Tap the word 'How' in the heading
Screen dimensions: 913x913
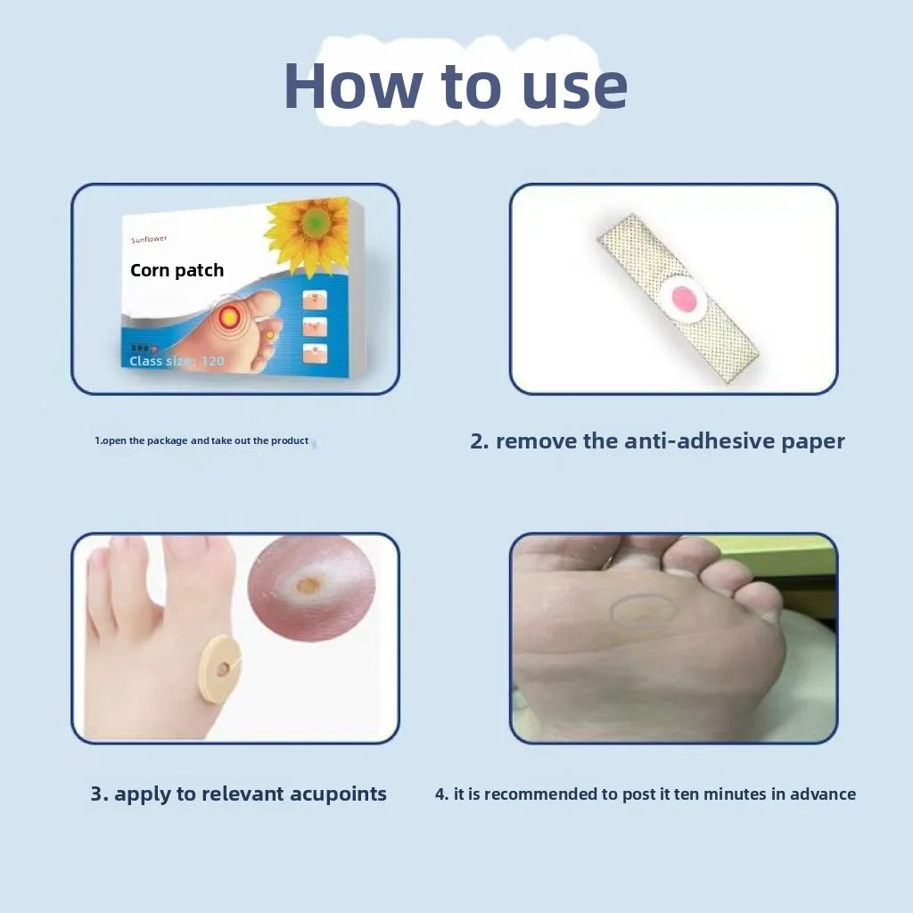(353, 86)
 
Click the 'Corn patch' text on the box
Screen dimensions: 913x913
(177, 270)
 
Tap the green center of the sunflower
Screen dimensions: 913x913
(312, 223)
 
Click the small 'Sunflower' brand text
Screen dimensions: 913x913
(149, 239)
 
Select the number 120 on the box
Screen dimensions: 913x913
(212, 361)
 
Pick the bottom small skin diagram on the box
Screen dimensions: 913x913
(315, 353)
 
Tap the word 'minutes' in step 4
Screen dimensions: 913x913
(720, 794)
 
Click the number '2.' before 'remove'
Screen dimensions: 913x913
(480, 440)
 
